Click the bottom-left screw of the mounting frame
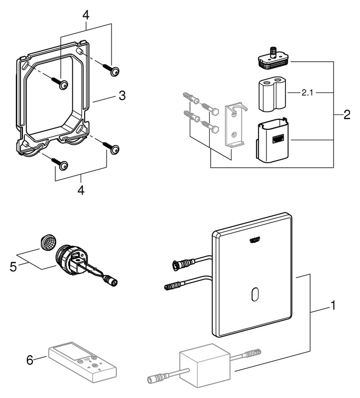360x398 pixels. [59, 164]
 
